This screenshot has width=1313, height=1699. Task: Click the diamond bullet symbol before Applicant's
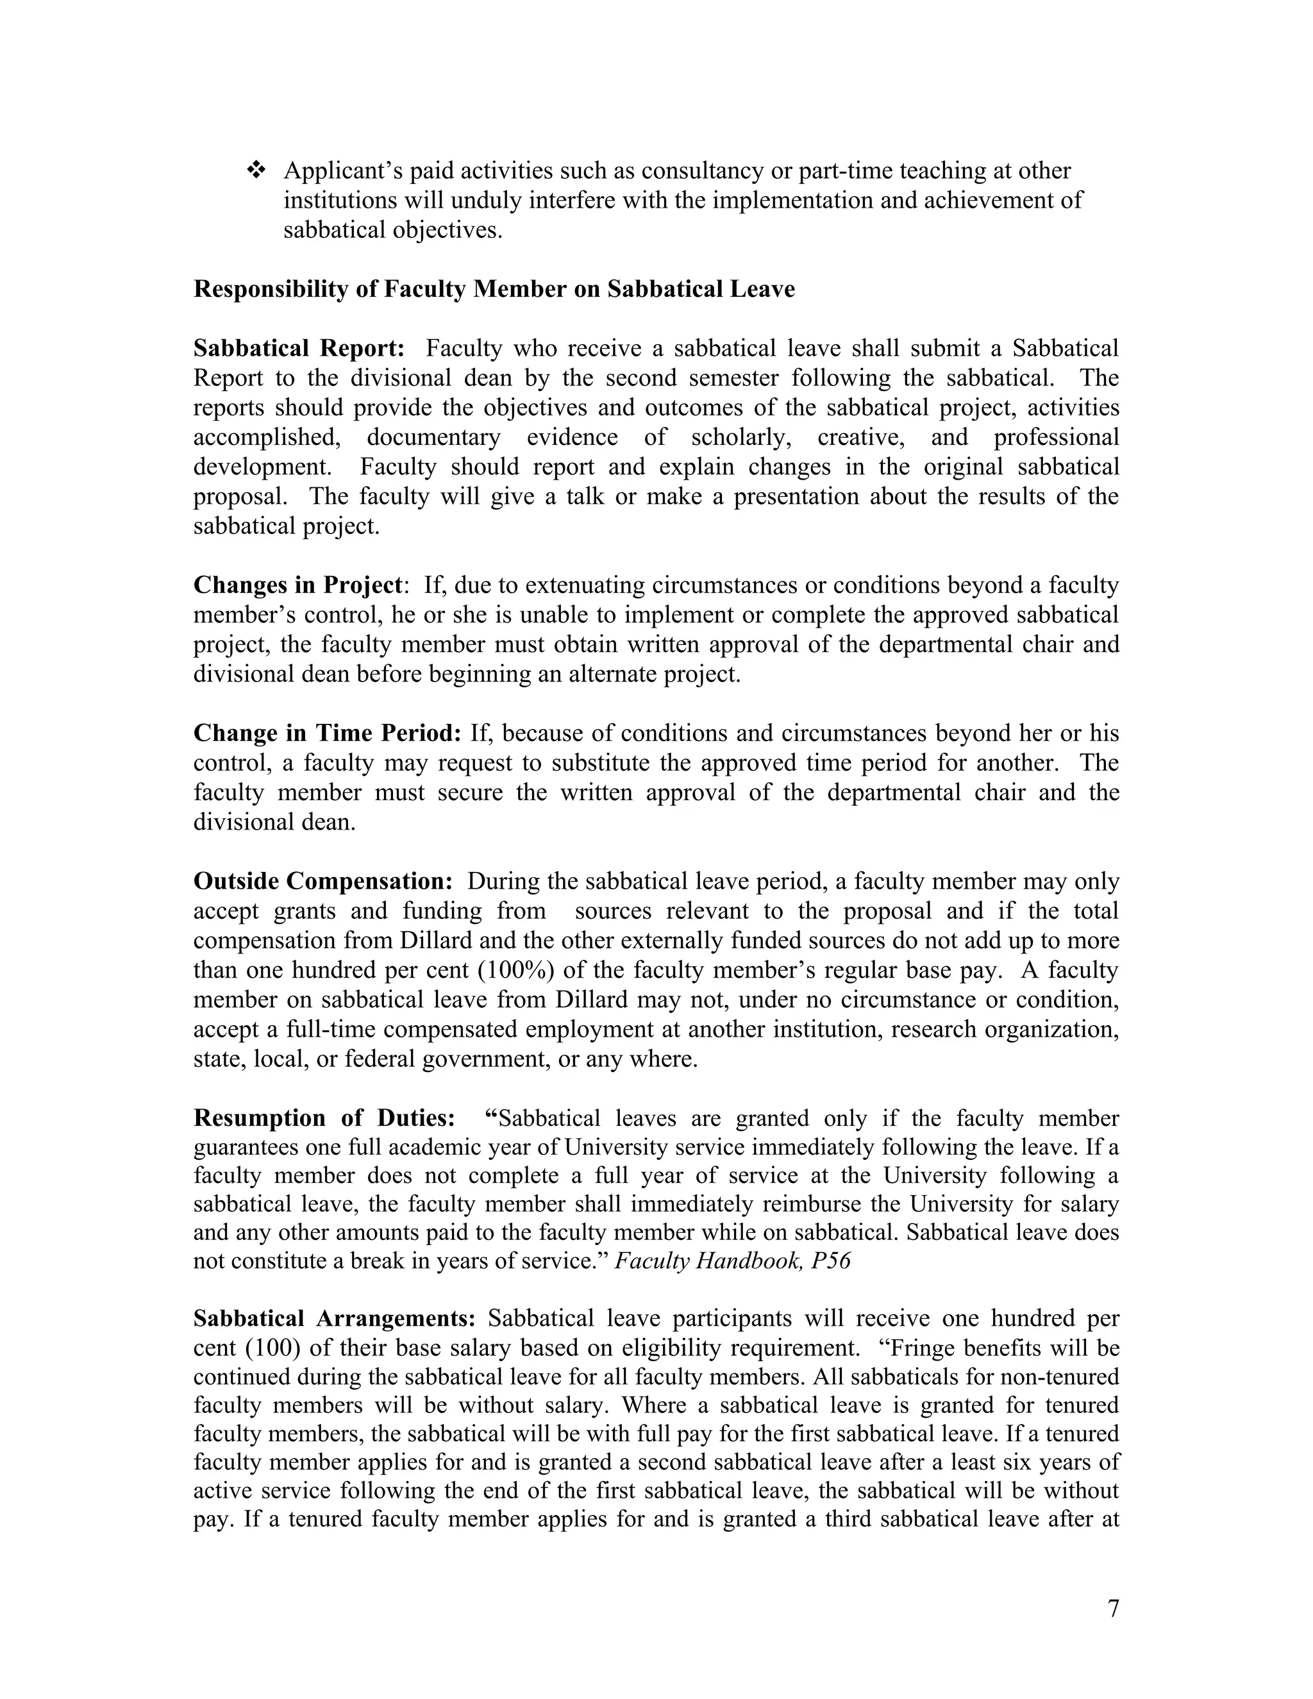click(256, 171)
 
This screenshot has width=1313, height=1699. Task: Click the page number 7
click(1113, 1608)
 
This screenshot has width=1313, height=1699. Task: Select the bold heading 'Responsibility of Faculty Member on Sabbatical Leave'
click(494, 289)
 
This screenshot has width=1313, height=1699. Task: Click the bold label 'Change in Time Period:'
click(328, 733)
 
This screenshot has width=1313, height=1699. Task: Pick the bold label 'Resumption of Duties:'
click(324, 1118)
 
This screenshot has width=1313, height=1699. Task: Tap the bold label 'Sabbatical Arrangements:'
click(335, 1319)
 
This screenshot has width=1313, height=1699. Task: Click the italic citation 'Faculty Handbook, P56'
click(732, 1260)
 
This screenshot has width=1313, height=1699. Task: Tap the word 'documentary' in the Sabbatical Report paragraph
click(433, 437)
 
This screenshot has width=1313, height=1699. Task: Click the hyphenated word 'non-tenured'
click(1059, 1378)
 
